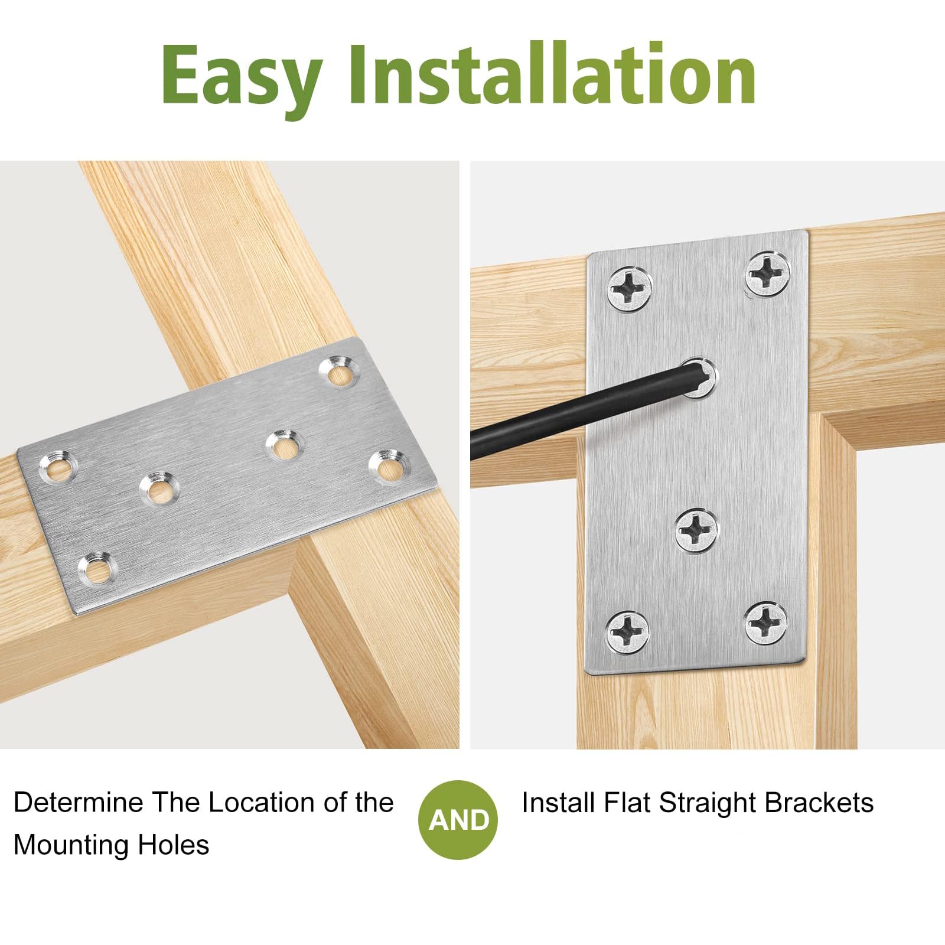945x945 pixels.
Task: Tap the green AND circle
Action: [x=458, y=820]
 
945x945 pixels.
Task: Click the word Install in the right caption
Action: [x=558, y=803]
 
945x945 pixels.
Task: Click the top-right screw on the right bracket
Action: [x=768, y=272]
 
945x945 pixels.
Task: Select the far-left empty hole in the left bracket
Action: [x=58, y=467]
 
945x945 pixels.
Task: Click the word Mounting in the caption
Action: [x=73, y=845]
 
